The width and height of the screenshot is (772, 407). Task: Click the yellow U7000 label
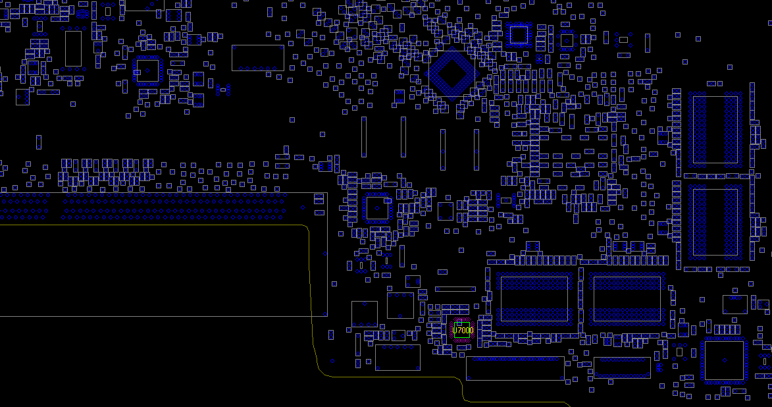click(463, 330)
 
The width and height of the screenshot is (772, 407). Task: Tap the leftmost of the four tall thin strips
click(364, 137)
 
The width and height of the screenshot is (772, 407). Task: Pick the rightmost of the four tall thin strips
click(476, 149)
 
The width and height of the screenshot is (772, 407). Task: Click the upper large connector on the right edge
click(715, 129)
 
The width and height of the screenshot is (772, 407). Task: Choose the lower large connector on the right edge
click(715, 222)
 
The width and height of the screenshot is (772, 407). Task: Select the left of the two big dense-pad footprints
click(534, 299)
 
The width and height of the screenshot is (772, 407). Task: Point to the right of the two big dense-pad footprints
click(627, 299)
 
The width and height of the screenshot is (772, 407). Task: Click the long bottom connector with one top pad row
click(515, 369)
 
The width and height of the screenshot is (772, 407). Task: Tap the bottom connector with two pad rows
click(622, 367)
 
